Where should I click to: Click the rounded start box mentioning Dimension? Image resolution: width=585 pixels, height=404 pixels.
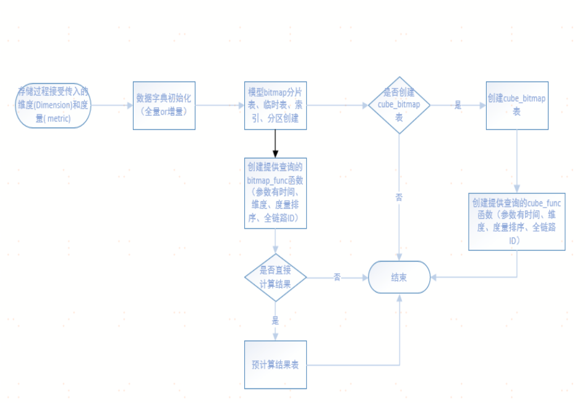[x=53, y=105]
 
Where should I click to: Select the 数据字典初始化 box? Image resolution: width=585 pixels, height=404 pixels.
[x=164, y=105]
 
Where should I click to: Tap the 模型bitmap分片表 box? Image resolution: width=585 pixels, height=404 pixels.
[x=275, y=105]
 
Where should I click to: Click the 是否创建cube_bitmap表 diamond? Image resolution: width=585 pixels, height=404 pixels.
[x=399, y=105]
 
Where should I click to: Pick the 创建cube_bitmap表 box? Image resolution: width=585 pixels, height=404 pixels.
[x=516, y=105]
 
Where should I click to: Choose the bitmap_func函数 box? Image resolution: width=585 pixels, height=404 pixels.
[x=275, y=193]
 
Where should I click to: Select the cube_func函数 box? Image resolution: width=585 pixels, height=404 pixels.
[x=516, y=221]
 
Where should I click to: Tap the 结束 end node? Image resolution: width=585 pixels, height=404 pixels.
[x=399, y=278]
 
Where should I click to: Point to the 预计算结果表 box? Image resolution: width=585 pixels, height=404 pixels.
[x=275, y=364]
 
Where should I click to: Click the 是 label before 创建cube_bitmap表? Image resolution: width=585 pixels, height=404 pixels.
[x=458, y=105]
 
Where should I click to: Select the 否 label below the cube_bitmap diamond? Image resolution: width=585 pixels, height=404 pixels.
[x=399, y=197]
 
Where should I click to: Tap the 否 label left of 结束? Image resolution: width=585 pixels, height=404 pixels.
[x=337, y=278]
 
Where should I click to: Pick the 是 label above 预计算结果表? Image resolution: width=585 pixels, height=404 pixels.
[x=275, y=320]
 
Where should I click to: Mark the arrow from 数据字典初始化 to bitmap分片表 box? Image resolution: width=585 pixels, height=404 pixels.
[x=220, y=105]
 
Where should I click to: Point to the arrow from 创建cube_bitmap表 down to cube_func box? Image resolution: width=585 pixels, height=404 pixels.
[x=516, y=161]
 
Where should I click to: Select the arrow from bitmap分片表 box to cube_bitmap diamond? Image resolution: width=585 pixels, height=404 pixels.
[x=337, y=105]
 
